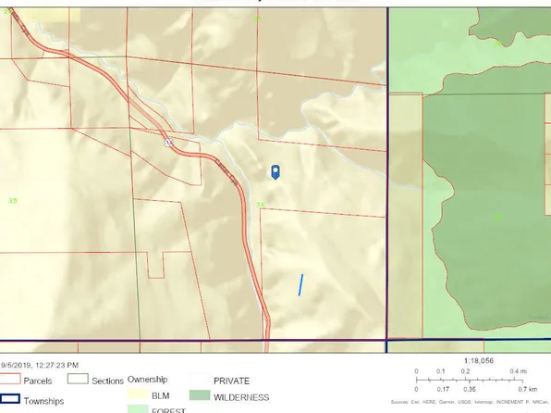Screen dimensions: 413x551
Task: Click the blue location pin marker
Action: point(275,172)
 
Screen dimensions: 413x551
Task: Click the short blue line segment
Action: point(300,284)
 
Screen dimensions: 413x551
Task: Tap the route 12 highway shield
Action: point(169,144)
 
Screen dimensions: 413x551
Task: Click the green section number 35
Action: point(12,200)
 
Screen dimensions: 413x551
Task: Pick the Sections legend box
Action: point(77,380)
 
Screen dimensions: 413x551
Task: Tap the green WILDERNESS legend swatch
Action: point(199,396)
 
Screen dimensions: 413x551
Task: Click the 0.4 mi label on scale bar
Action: point(520,371)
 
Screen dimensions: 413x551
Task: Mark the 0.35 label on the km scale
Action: point(468,390)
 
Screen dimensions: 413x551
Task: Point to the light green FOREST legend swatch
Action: point(138,408)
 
